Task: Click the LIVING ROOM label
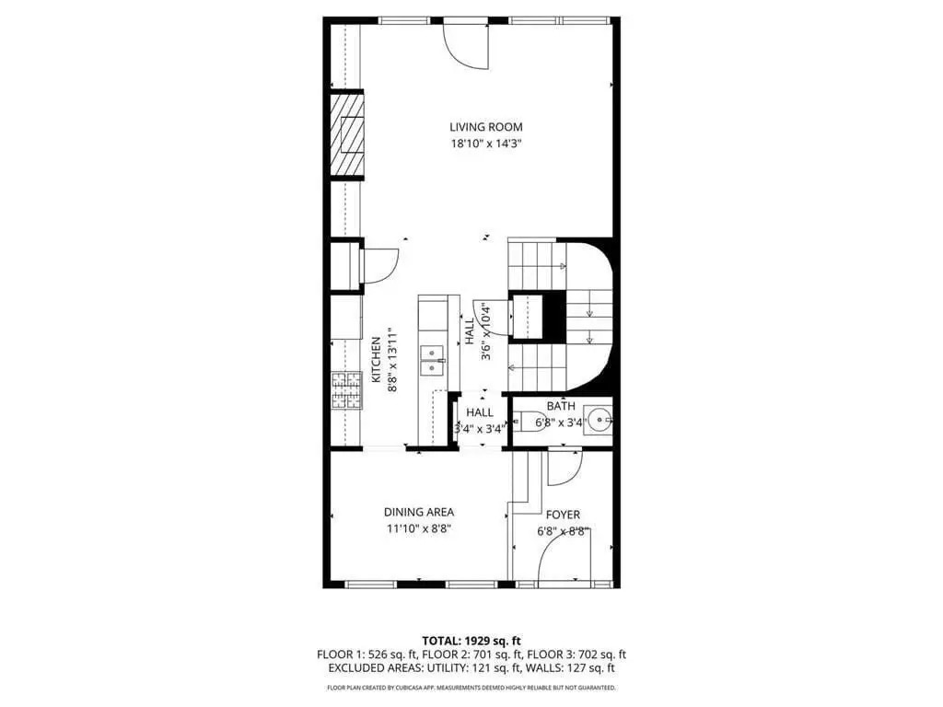point(486,127)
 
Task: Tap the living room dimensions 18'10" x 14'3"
point(486,144)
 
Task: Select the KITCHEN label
point(376,360)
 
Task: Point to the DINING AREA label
point(419,512)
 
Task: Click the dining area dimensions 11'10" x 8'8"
point(419,529)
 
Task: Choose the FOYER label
point(563,515)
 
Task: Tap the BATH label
point(561,406)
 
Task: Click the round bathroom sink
point(600,421)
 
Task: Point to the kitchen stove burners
point(346,390)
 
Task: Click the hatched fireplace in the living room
point(347,135)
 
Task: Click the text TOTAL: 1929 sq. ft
point(471,641)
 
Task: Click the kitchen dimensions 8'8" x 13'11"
point(392,360)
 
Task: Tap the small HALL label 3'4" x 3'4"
point(480,420)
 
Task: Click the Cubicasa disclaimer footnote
point(471,687)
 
